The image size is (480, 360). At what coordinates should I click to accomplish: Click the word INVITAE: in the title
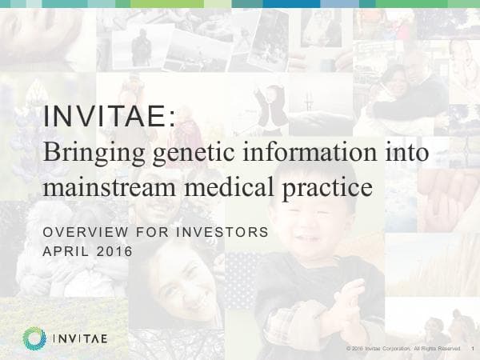point(109,118)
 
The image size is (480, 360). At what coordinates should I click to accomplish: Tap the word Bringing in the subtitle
point(85,152)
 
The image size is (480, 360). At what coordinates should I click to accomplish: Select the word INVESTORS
point(225,233)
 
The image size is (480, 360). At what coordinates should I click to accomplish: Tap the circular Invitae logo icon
point(34,338)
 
